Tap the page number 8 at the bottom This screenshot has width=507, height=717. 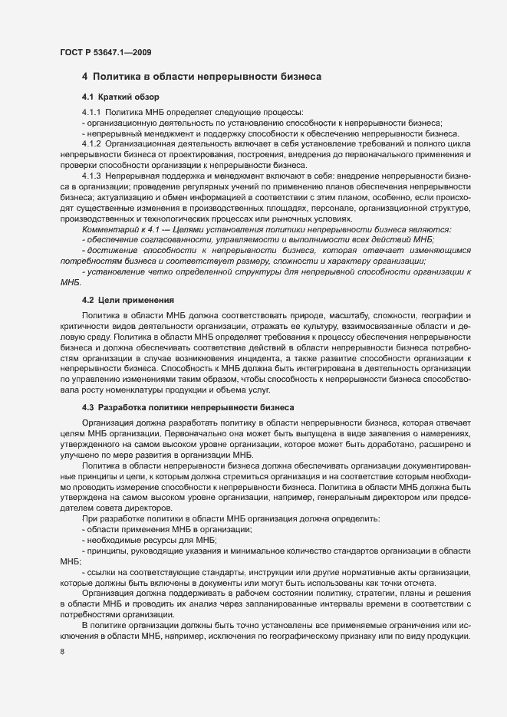click(x=61, y=652)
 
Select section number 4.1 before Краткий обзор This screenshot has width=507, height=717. click(x=88, y=97)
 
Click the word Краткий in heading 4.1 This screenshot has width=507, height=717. click(x=116, y=97)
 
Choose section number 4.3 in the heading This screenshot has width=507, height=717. click(x=88, y=406)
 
